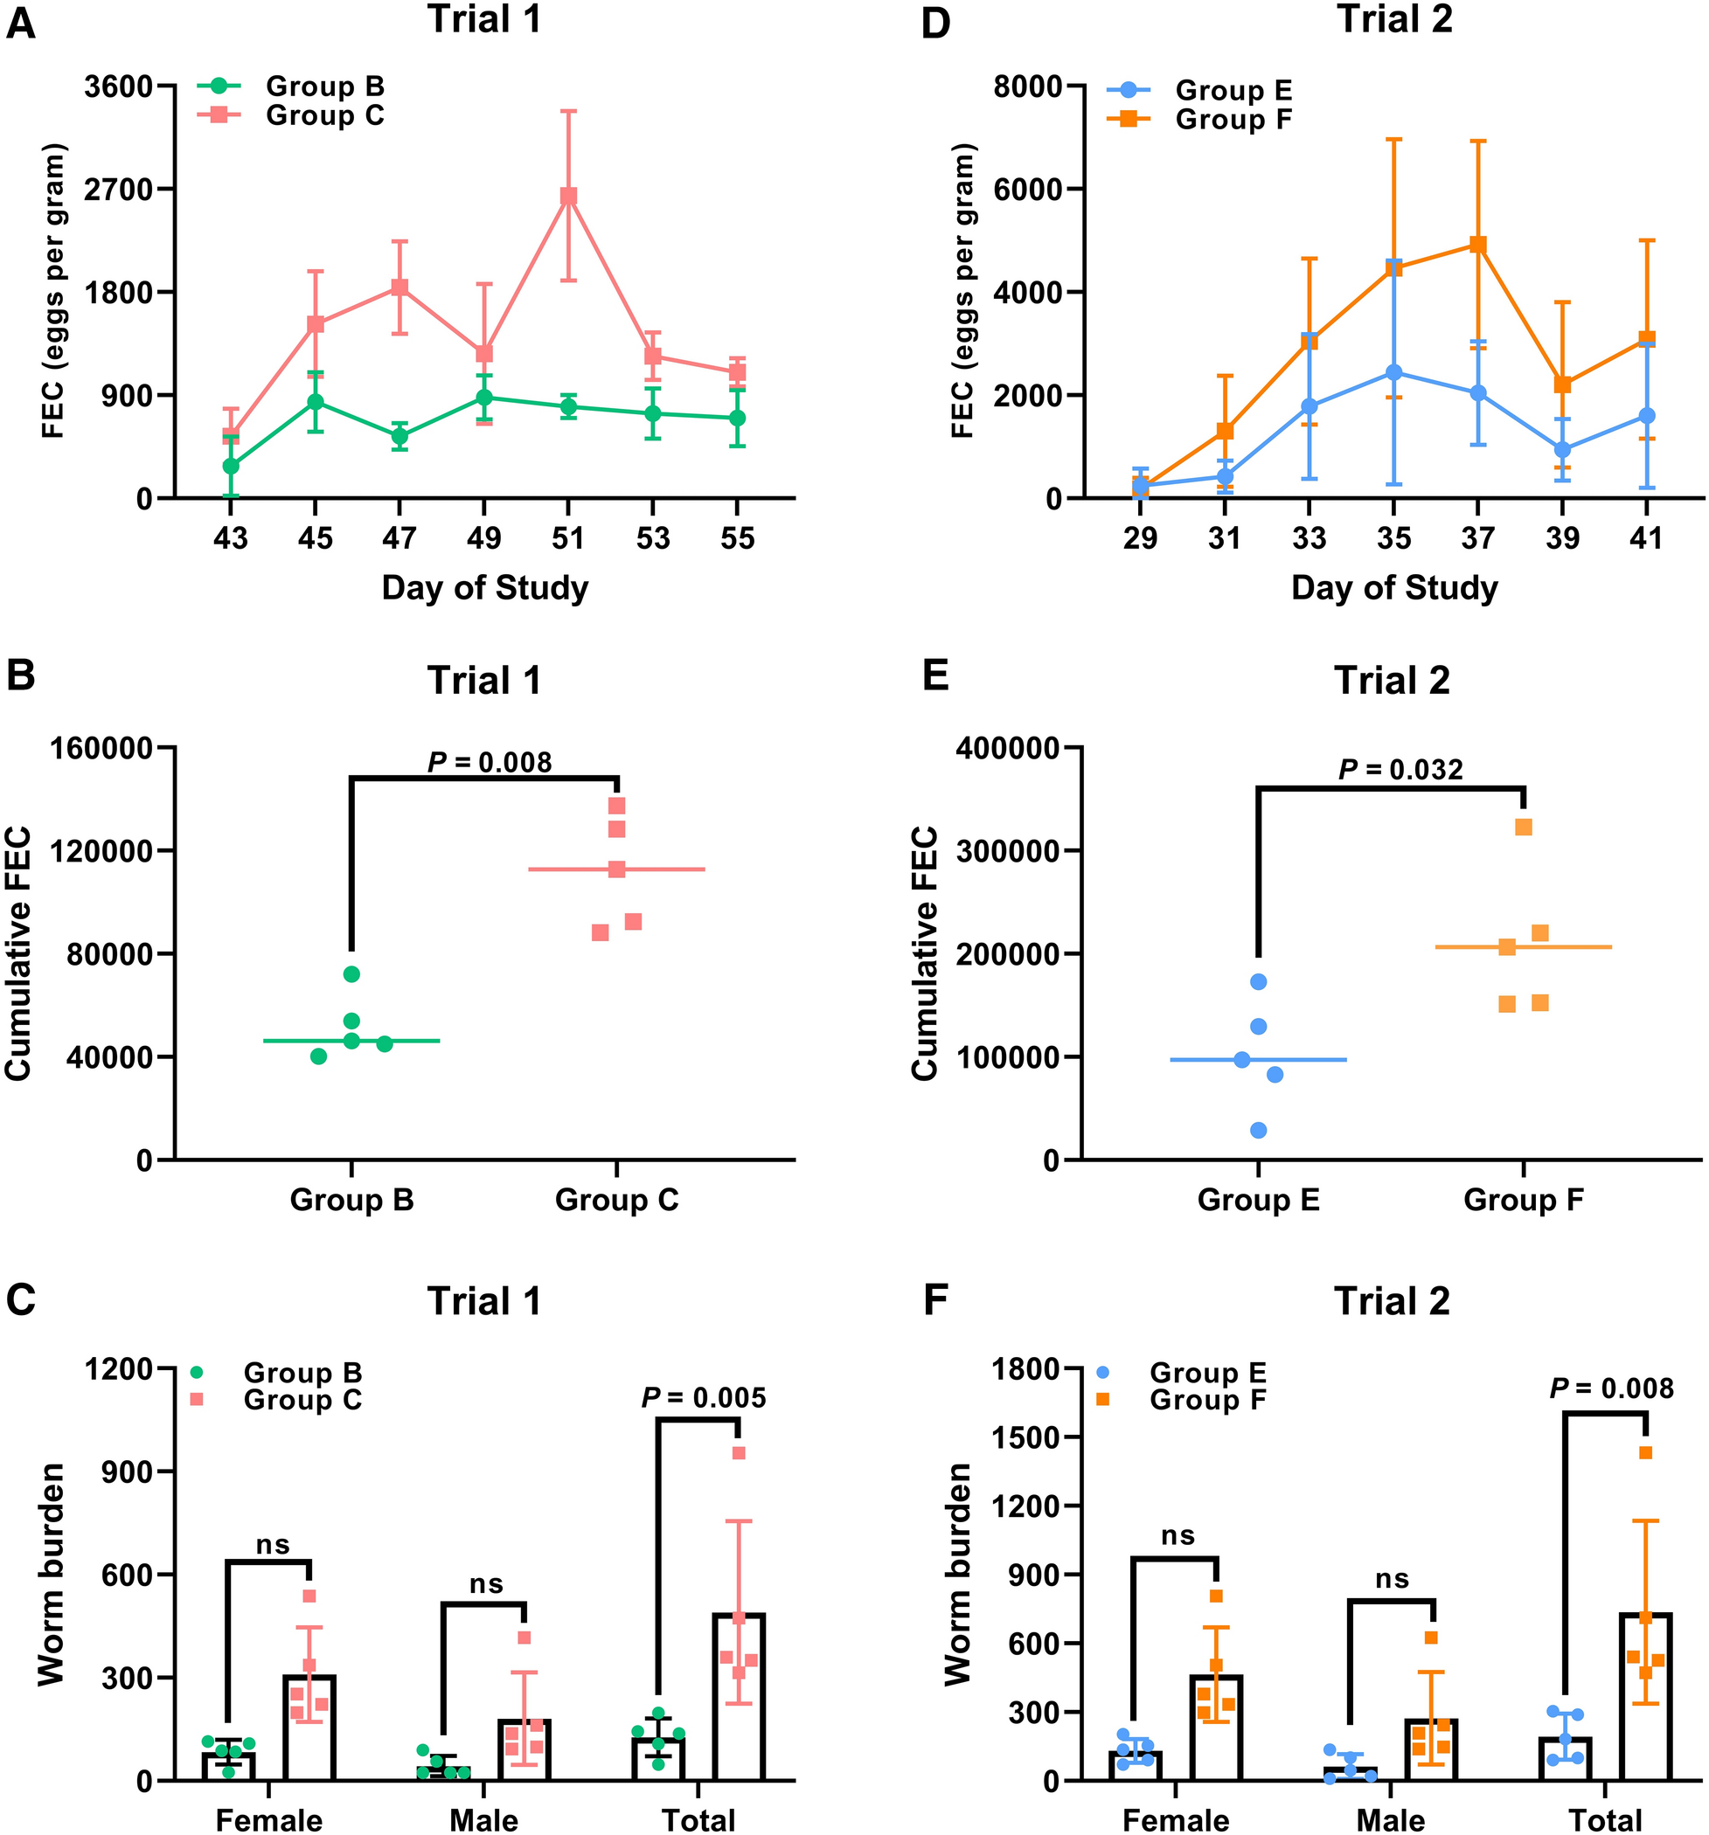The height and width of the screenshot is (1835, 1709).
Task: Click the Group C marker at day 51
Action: pyautogui.click(x=569, y=196)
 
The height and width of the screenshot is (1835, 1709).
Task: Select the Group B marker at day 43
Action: pyautogui.click(x=231, y=466)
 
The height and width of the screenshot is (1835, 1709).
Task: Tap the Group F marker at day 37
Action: pyautogui.click(x=1478, y=245)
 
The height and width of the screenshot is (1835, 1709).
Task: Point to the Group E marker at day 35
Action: pyautogui.click(x=1394, y=372)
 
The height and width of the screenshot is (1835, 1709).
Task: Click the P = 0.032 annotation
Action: pyautogui.click(x=1400, y=769)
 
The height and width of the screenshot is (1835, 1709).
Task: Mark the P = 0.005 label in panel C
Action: pyautogui.click(x=704, y=1398)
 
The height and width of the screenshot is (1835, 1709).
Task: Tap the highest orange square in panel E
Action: pyautogui.click(x=1524, y=827)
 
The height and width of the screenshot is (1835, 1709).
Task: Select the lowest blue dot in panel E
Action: pyautogui.click(x=1259, y=1130)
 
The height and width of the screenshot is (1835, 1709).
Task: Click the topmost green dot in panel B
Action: pyautogui.click(x=351, y=973)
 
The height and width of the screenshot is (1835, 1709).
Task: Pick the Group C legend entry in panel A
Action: pyautogui.click(x=324, y=116)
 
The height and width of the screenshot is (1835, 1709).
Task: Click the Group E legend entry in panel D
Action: pyautogui.click(x=1233, y=91)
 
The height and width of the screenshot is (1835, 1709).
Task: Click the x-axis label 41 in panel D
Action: pyautogui.click(x=1646, y=537)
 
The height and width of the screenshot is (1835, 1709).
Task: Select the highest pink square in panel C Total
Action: pyautogui.click(x=739, y=1454)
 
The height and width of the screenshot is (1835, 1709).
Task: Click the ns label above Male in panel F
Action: pyautogui.click(x=1392, y=1579)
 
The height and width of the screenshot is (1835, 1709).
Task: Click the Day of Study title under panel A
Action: pyautogui.click(x=484, y=588)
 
